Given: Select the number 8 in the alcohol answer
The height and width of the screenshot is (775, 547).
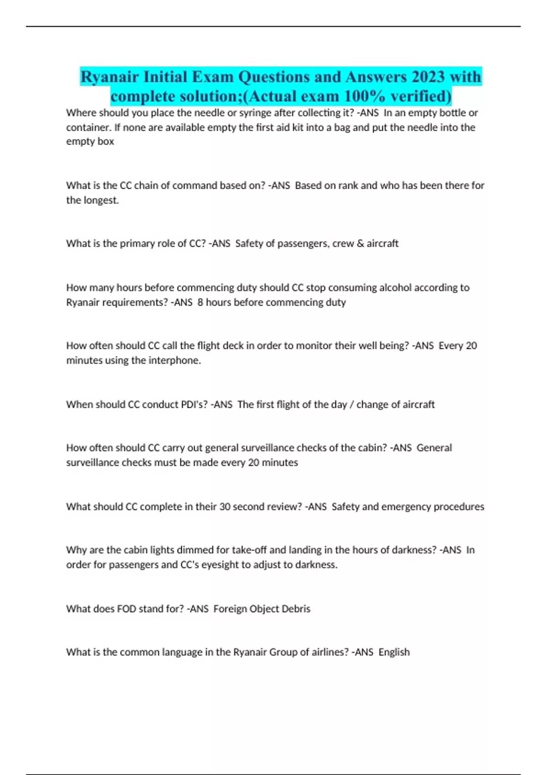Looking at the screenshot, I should click(200, 302).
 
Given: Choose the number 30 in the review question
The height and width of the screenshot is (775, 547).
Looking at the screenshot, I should click(224, 506).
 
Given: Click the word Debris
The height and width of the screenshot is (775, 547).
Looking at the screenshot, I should click(296, 609).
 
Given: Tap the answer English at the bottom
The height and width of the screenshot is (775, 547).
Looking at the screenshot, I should click(394, 652).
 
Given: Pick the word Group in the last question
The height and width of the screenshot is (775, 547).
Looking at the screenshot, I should click(283, 652).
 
